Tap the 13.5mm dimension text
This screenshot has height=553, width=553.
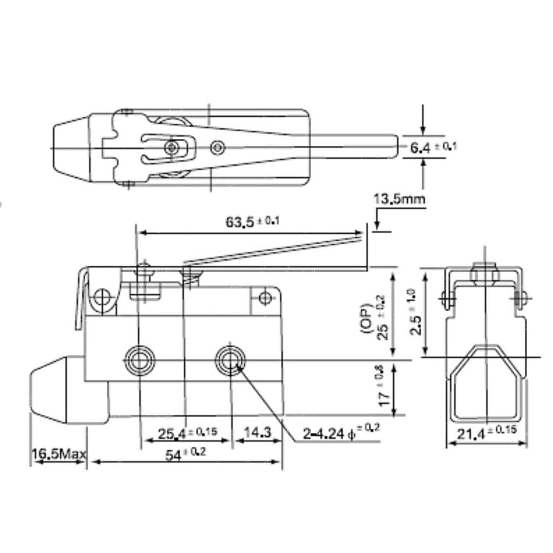tap(399, 199)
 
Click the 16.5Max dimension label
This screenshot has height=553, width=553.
tap(58, 454)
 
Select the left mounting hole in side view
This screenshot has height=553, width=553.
tap(140, 358)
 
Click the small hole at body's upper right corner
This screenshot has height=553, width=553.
tap(265, 298)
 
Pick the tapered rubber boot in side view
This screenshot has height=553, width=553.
tap(55, 390)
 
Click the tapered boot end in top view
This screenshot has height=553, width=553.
tap(71, 147)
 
